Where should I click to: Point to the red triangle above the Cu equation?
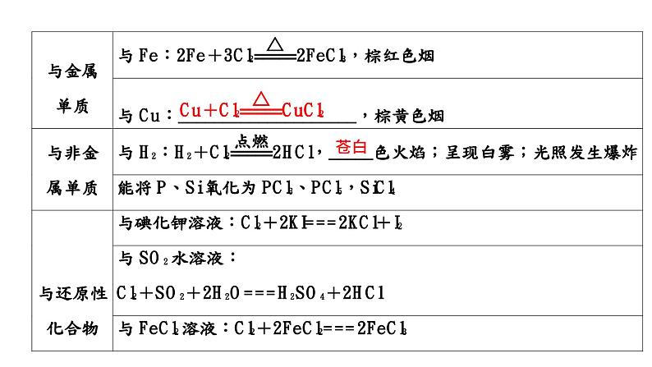[x=261, y=99]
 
